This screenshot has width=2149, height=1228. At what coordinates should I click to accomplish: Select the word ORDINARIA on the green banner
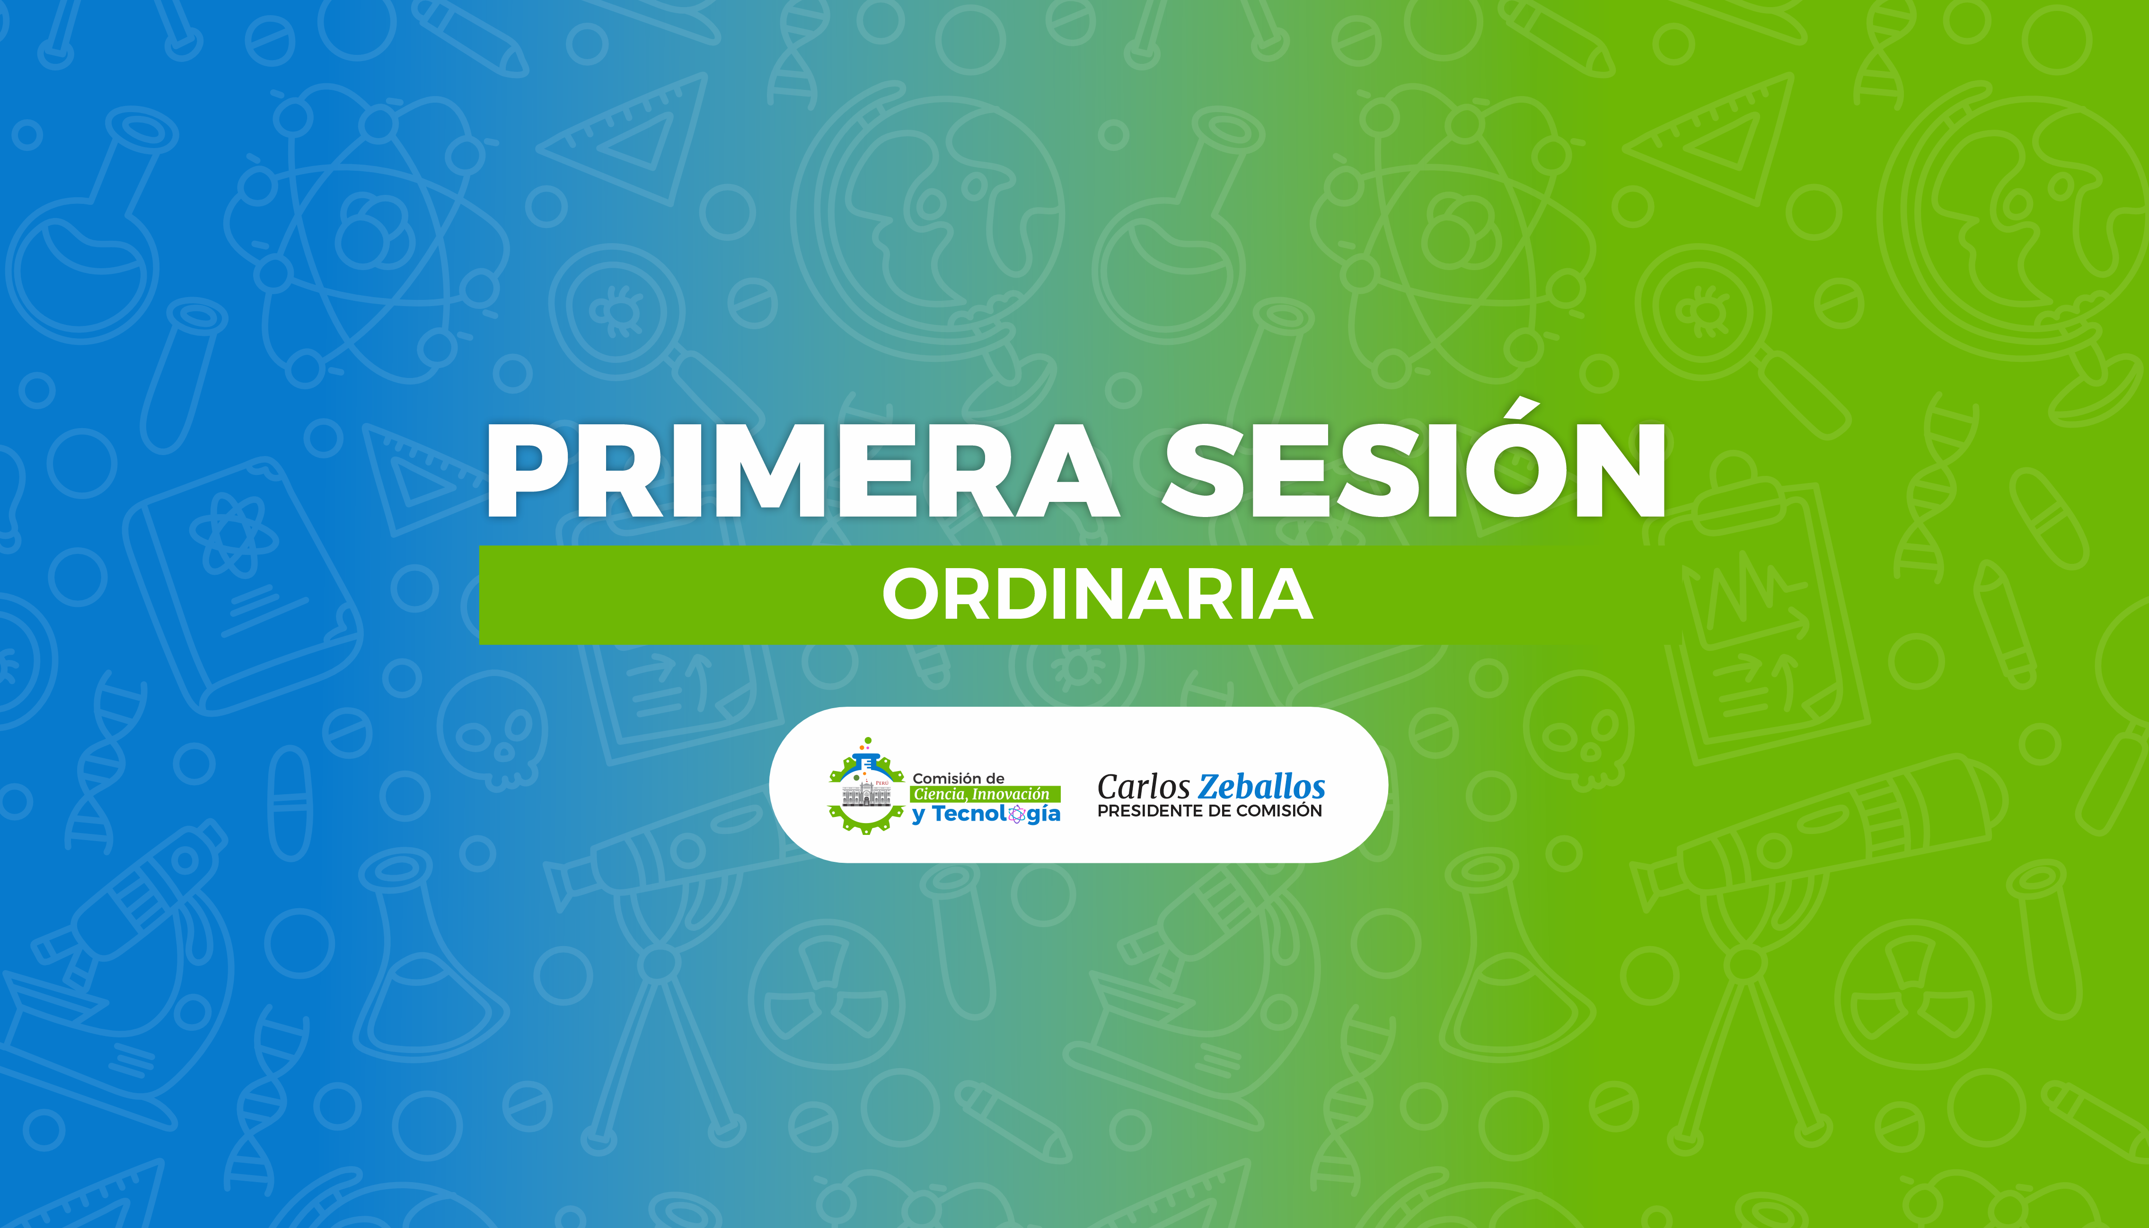coord(1097,595)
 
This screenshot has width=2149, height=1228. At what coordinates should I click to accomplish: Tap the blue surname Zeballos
coord(1262,787)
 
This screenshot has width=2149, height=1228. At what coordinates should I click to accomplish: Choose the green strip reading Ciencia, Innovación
coord(985,795)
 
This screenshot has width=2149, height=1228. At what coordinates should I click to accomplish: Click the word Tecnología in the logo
coord(996,815)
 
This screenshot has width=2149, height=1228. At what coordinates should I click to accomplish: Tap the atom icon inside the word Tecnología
coord(1017,814)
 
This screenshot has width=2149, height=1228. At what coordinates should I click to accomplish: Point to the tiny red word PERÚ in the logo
coord(882,783)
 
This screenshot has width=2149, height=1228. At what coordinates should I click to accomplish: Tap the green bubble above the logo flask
coord(868,740)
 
